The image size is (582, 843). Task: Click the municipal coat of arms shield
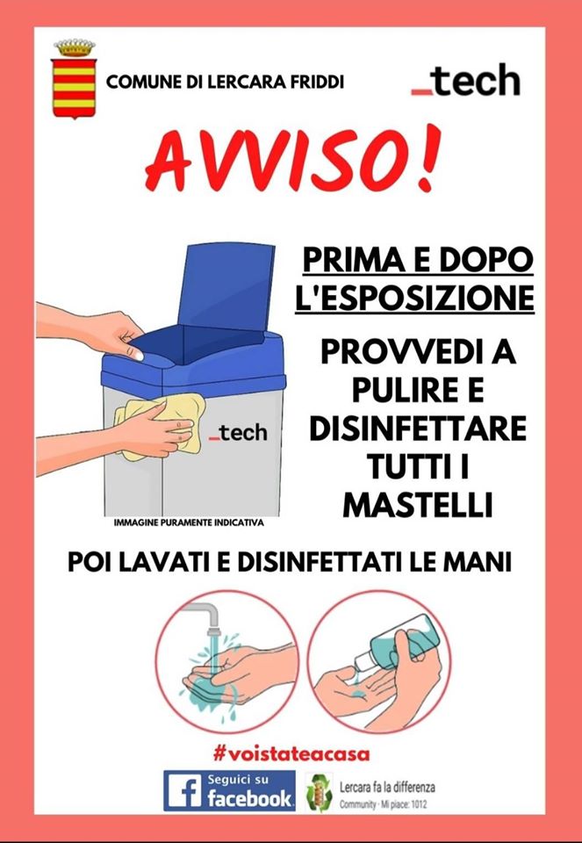74,88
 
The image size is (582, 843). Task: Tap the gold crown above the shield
74,47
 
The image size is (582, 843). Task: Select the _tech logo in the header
466,81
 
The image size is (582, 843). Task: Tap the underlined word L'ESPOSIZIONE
415,298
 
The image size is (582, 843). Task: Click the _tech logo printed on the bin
238,432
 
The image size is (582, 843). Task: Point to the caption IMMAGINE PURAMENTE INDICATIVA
189,522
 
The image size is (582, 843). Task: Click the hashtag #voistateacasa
291,753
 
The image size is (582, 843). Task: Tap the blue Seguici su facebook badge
229,790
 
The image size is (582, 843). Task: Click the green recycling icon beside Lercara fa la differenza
320,791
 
